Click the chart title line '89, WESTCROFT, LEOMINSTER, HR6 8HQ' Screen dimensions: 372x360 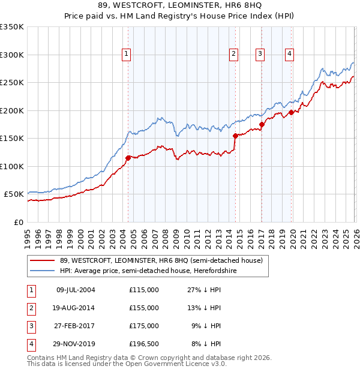(180, 6)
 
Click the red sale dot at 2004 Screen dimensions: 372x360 (128, 158)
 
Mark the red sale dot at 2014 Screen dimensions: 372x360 (235, 136)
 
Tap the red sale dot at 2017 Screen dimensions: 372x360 (262, 125)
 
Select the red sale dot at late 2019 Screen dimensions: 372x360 (291, 112)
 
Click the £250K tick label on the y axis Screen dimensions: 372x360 (12, 83)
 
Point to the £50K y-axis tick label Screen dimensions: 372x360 (14, 194)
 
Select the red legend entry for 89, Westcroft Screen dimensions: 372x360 (161, 261)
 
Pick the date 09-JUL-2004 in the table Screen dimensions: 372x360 (76, 290)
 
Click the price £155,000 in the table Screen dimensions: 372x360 (144, 308)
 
